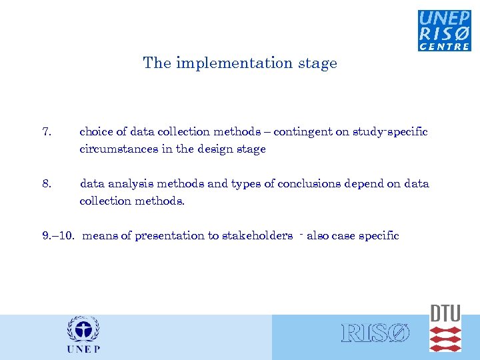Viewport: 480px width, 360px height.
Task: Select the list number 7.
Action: pos(46,132)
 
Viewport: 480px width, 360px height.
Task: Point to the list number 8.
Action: pos(46,183)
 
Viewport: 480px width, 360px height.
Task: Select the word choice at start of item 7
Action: pos(95,132)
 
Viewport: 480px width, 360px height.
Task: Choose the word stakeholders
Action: pos(257,235)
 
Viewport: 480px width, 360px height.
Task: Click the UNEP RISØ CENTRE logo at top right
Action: pos(444,30)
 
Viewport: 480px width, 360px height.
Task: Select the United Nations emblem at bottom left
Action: pos(83,330)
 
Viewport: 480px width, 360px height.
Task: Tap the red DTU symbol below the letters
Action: pos(445,339)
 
